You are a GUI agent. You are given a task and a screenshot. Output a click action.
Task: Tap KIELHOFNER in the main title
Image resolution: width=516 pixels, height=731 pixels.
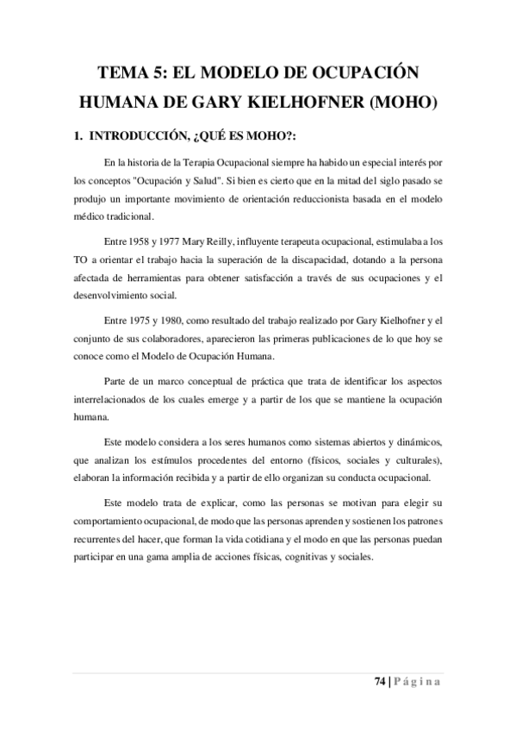(x=283, y=103)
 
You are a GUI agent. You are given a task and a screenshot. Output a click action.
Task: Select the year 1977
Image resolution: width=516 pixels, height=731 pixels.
(x=180, y=239)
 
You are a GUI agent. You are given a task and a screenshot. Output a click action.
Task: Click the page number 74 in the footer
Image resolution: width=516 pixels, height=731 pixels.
(x=380, y=682)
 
